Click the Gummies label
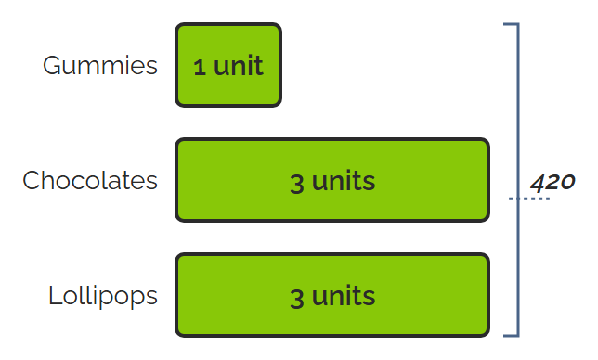coord(100,66)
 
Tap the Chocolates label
coord(90,180)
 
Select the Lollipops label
coord(103,297)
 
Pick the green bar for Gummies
coord(228,65)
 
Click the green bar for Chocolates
coord(332,180)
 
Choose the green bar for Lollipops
coord(332,295)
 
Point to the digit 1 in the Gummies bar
coord(200,68)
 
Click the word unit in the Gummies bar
coord(239,66)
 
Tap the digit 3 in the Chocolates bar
coord(297,184)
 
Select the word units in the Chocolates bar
coord(344,181)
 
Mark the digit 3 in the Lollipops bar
coord(297,299)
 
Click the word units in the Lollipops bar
coord(344,296)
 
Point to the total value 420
coord(552,183)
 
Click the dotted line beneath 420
coord(529,199)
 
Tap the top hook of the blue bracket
coord(511,24)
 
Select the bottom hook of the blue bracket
coord(511,335)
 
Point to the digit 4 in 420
coord(539,183)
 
